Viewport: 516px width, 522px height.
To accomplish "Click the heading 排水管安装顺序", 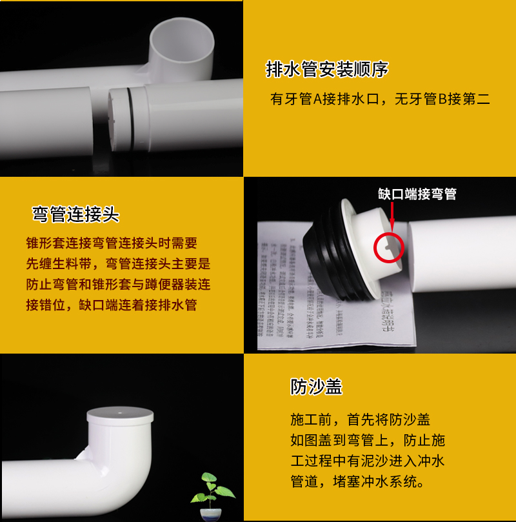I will (327, 69).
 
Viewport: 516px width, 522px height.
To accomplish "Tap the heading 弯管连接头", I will (76, 214).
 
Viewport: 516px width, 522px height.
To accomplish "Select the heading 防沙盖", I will (316, 386).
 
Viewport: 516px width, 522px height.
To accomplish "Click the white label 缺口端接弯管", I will (417, 194).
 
